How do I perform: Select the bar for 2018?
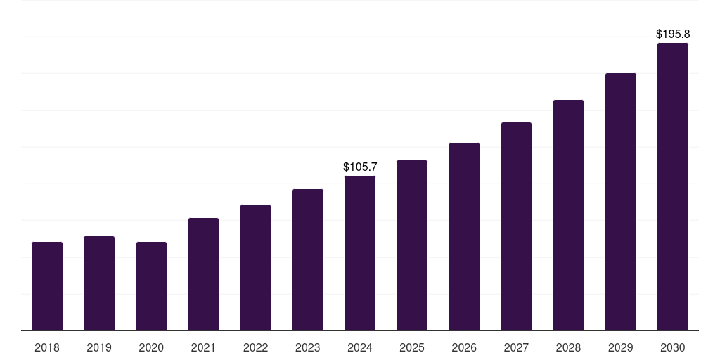tap(47, 286)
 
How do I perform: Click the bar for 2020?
tap(151, 286)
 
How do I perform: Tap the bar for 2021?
tap(203, 274)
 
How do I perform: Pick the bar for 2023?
tap(308, 260)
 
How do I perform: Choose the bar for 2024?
tap(360, 253)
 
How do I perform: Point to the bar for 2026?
tap(464, 237)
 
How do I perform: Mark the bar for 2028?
tap(568, 215)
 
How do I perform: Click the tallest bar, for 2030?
tap(673, 187)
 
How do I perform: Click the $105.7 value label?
tap(360, 167)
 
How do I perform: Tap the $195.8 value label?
tap(673, 34)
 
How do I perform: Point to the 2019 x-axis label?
tap(99, 347)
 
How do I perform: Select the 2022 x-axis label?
tap(255, 347)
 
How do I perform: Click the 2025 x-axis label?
tap(412, 347)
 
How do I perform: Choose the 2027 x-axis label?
tap(516, 347)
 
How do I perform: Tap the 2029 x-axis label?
tap(620, 347)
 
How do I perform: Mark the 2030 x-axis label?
tap(673, 347)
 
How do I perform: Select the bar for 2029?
tap(620, 202)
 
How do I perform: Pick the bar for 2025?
tap(412, 245)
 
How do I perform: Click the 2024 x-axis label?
tap(360, 347)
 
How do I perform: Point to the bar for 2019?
tap(99, 283)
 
